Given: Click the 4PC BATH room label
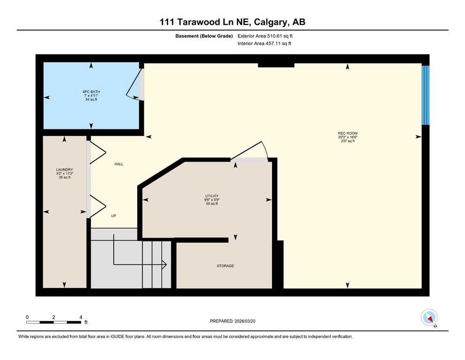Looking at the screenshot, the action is click(91, 92).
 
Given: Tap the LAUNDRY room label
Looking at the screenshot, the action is click(64, 170).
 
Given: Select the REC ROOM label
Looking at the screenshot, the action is click(347, 133).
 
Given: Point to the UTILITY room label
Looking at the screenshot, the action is click(212, 196).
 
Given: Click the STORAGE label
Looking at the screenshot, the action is click(225, 266).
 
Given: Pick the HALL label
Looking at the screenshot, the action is click(119, 164).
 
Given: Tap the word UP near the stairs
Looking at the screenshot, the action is click(114, 216).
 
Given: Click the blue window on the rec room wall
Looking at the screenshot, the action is click(426, 95).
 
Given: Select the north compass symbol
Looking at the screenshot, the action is click(429, 318).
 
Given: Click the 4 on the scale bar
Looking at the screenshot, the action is click(81, 317).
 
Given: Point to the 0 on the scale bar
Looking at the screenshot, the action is click(27, 317).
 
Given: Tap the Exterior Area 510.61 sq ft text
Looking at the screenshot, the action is click(265, 36).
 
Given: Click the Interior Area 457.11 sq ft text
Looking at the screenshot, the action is click(264, 43).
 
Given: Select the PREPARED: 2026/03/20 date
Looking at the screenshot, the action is click(232, 321).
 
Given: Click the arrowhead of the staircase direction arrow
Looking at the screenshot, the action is click(164, 264).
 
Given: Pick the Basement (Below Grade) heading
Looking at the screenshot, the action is click(204, 36).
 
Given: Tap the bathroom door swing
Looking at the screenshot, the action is click(133, 84).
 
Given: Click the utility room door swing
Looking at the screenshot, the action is click(250, 151).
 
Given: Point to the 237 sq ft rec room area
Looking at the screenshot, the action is click(347, 141).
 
